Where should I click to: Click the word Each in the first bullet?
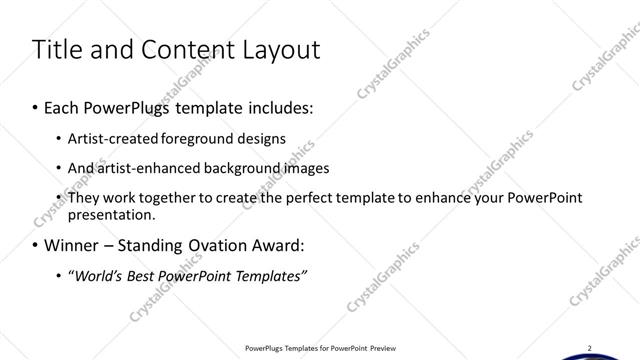coord(63,106)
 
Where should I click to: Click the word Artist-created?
coord(107,138)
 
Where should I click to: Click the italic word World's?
coord(99,275)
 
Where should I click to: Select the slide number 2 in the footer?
coord(589,347)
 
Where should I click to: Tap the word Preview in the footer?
coord(384,348)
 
